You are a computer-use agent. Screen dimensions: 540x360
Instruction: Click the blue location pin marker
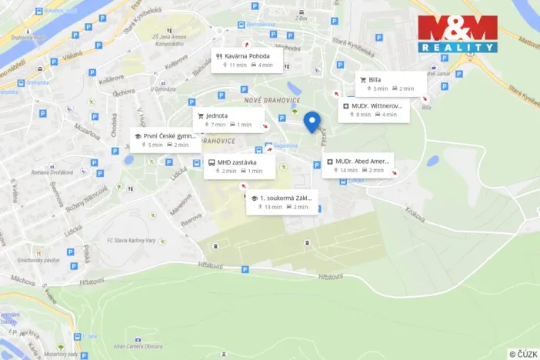pyautogui.click(x=312, y=121)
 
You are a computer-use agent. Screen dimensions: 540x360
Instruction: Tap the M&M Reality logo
pyautogui.click(x=457, y=34)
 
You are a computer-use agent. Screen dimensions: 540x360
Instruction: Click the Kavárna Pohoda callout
pyautogui.click(x=247, y=60)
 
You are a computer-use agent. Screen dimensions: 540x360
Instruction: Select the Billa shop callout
pyautogui.click(x=391, y=83)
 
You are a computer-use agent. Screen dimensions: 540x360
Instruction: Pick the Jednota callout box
pyautogui.click(x=228, y=119)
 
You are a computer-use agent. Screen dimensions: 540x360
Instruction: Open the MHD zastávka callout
pyautogui.click(x=239, y=166)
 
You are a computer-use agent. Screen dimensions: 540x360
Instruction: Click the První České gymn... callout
pyautogui.click(x=164, y=139)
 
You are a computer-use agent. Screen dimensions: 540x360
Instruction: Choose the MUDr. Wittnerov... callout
pyautogui.click(x=375, y=109)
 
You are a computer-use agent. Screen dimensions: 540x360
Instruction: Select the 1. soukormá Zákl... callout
pyautogui.click(x=282, y=202)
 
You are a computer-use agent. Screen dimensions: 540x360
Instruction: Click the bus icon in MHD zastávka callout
pyautogui.click(x=211, y=162)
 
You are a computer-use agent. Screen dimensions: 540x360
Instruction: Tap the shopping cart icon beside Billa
pyautogui.click(x=363, y=79)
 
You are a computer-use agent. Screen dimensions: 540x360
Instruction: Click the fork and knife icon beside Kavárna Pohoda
pyautogui.click(x=219, y=56)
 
